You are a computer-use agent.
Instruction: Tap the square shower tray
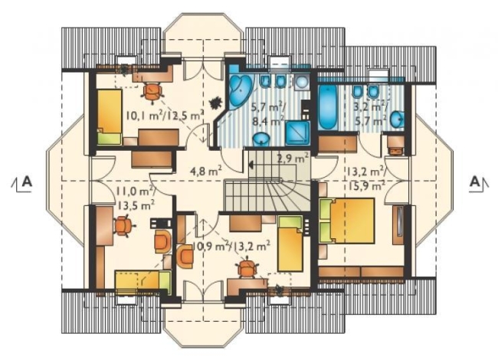click(297, 132)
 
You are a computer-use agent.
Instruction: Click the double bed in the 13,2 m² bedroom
click(347, 221)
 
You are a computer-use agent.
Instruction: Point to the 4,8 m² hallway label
click(205, 171)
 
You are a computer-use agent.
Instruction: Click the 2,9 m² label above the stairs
click(293, 158)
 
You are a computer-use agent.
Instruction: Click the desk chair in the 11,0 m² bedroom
click(123, 226)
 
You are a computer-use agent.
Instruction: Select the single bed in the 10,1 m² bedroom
click(110, 117)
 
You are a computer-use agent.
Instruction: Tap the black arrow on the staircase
click(251, 165)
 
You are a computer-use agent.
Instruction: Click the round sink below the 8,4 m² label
click(261, 139)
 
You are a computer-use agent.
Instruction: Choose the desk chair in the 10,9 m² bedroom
click(247, 269)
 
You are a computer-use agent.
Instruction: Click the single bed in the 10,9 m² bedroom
click(290, 244)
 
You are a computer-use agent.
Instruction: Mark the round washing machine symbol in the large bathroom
click(301, 82)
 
